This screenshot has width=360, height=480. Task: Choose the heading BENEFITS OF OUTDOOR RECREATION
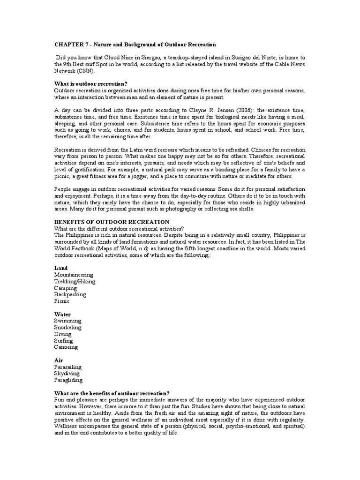[x=112, y=222]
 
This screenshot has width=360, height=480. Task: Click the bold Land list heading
[x=61, y=268]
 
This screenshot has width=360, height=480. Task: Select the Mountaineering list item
[x=74, y=275]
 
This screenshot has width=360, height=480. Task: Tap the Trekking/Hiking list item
[x=75, y=281]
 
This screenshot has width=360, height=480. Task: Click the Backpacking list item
[x=70, y=294]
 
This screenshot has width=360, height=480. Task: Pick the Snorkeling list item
[x=68, y=328]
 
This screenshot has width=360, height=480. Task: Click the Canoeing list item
[x=66, y=347]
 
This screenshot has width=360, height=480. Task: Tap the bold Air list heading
[x=59, y=360]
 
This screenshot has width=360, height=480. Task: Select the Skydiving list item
[x=67, y=374]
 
